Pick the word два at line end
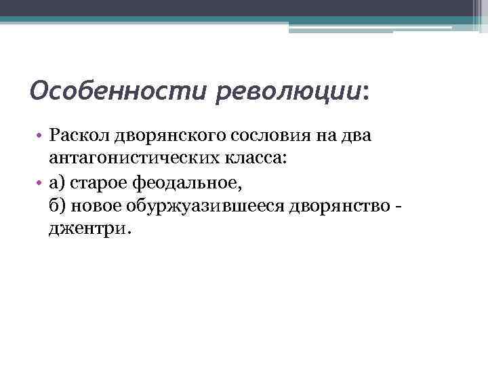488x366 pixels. click(x=357, y=138)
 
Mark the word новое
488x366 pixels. click(x=97, y=206)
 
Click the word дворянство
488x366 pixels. click(x=333, y=206)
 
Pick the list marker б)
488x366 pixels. click(x=56, y=206)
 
